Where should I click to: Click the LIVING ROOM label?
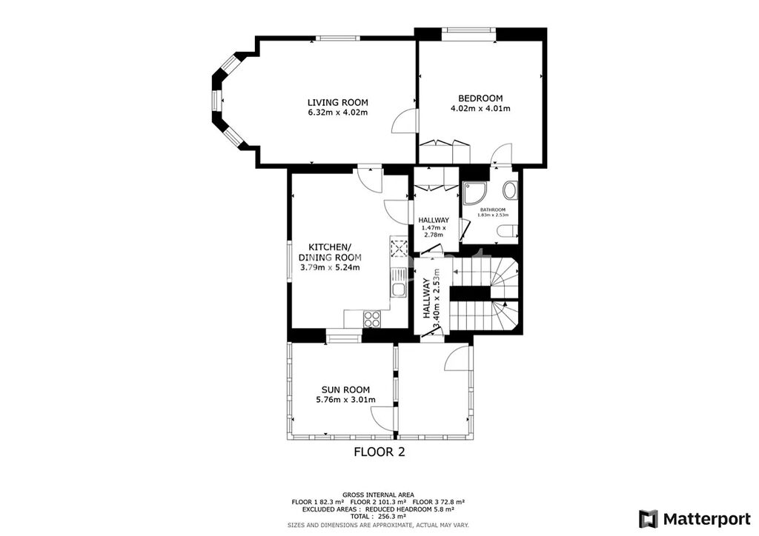point(338,102)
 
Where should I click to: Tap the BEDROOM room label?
point(480,98)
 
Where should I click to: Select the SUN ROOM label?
point(345,389)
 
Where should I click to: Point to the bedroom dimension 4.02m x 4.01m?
point(480,108)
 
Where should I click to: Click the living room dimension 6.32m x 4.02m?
point(338,113)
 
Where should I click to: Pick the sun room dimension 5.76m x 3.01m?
point(345,400)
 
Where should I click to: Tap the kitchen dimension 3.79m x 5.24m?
point(330,267)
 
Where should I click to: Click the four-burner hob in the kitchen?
point(372,319)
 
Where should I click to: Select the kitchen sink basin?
point(400,289)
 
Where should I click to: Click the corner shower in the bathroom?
point(471,192)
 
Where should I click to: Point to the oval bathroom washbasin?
point(510,190)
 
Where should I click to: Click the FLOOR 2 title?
point(379,452)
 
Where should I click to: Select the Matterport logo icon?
point(649,519)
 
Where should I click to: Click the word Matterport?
point(706,519)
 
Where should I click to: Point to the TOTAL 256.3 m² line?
point(378,516)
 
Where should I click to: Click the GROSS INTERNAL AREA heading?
point(378,495)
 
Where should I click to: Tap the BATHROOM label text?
point(493,210)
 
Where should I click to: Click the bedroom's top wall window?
point(468,30)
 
